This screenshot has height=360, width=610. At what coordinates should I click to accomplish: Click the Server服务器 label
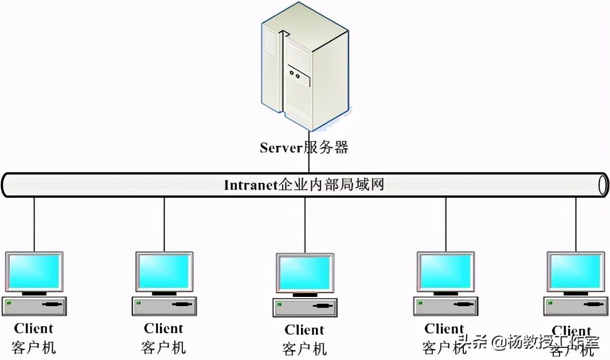tap(304, 148)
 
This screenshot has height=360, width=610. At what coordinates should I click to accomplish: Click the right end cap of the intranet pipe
tap(603, 185)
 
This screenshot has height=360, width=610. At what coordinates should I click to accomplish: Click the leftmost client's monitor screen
tap(34, 271)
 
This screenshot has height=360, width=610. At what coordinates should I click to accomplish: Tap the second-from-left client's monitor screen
tap(164, 271)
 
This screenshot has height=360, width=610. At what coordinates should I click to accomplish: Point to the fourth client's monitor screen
tap(445, 271)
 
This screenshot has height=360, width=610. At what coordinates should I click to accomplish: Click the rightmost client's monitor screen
tap(575, 271)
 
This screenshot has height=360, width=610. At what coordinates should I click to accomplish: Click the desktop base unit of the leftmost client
tap(34, 306)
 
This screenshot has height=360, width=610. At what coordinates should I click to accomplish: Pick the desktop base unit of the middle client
tap(304, 307)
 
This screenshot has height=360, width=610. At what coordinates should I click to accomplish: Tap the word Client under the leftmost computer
tap(34, 328)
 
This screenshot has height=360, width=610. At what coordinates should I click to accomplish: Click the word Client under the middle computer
tap(304, 330)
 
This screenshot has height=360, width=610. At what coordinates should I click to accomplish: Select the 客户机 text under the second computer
tap(164, 347)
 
